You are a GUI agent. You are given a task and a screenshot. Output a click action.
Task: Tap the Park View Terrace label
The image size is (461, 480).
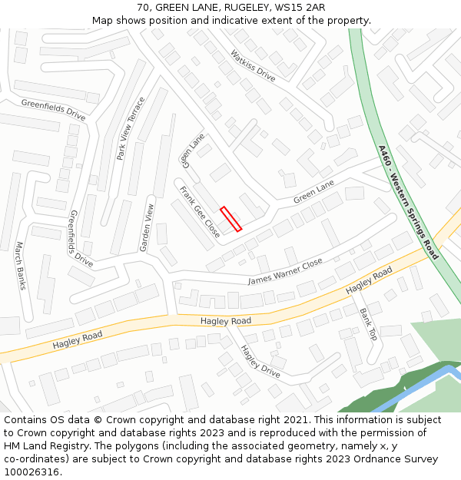tap(131, 128)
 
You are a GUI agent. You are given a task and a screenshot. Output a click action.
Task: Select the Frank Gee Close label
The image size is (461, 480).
tap(200, 211)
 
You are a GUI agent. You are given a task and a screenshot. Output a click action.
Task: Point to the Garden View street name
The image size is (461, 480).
tap(147, 227)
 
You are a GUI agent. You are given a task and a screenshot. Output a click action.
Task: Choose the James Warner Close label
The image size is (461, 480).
tap(285, 272)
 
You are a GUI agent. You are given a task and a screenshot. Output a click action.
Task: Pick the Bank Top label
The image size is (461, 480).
tap(368, 324)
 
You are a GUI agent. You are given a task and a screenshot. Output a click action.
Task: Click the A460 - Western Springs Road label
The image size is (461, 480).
tap(408, 202)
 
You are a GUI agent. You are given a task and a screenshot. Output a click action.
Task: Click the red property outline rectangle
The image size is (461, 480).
tap(231, 219)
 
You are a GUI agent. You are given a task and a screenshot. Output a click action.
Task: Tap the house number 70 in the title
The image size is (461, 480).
tap(144, 8)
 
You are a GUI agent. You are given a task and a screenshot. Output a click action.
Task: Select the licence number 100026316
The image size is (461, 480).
tap(33, 472)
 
